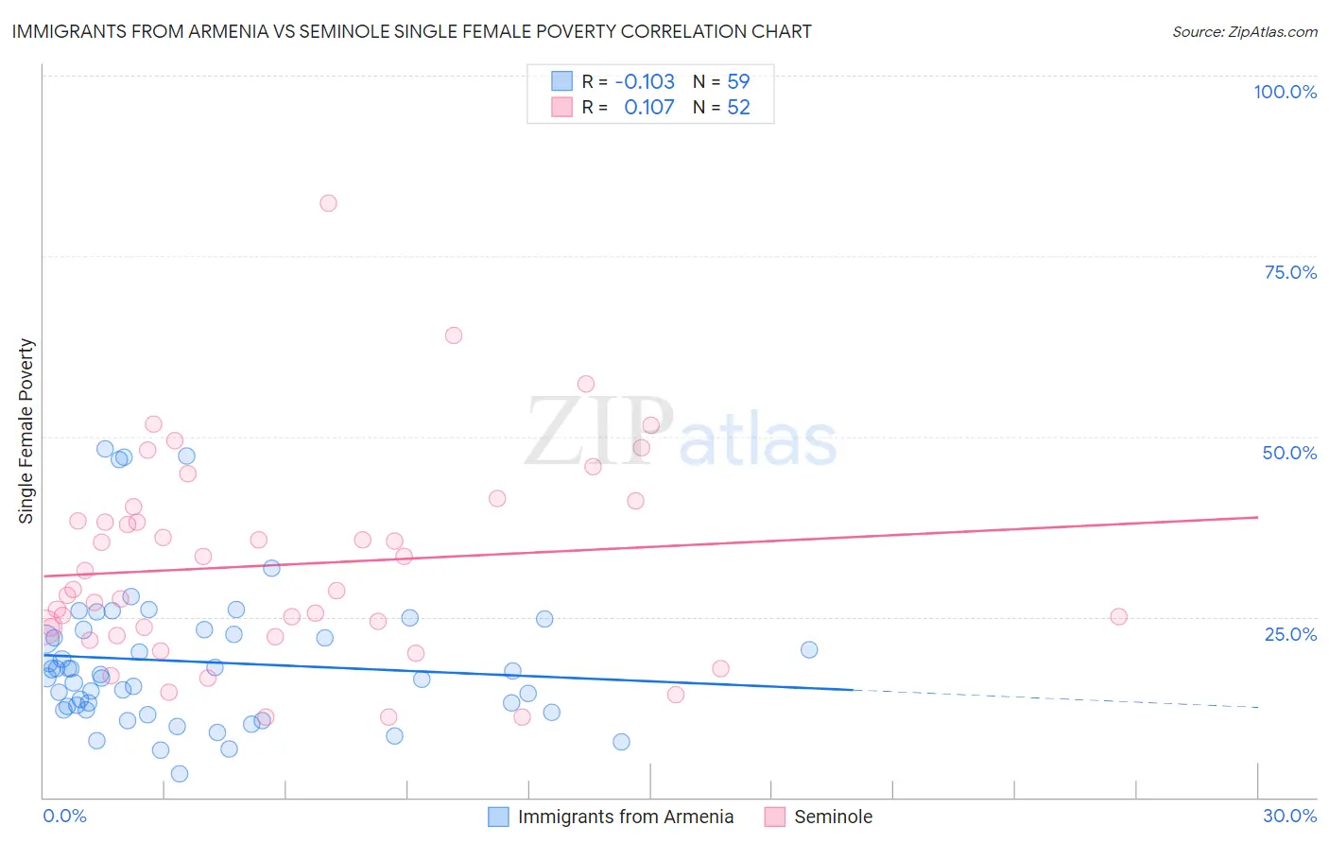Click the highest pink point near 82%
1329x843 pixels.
pyautogui.click(x=328, y=203)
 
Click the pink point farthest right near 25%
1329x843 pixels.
pyautogui.click(x=1118, y=617)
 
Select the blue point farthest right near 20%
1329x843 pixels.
pyautogui.click(x=809, y=649)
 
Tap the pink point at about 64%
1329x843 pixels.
pyautogui.click(x=454, y=335)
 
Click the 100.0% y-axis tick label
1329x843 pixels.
pyautogui.click(x=1285, y=92)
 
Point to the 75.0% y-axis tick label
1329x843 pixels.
pyautogui.click(x=1290, y=272)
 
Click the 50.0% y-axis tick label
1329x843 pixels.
pyautogui.click(x=1289, y=453)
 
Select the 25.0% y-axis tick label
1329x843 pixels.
pyautogui.click(x=1290, y=634)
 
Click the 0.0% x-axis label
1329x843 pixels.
pyautogui.click(x=64, y=816)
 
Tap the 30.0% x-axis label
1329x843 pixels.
pyautogui.click(x=1289, y=816)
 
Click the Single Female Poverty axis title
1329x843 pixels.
pyautogui.click(x=26, y=431)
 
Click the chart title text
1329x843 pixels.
pyautogui.click(x=411, y=31)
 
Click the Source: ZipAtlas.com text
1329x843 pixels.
pyautogui.click(x=1244, y=32)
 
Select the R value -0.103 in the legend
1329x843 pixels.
pyautogui.click(x=645, y=82)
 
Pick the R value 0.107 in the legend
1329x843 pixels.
pyautogui.click(x=648, y=108)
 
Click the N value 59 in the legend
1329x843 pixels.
pyautogui.click(x=738, y=82)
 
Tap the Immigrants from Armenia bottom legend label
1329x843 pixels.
pyautogui.click(x=626, y=817)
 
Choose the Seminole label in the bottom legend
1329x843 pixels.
pyautogui.click(x=833, y=817)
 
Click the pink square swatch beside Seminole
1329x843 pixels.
pyautogui.click(x=775, y=817)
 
